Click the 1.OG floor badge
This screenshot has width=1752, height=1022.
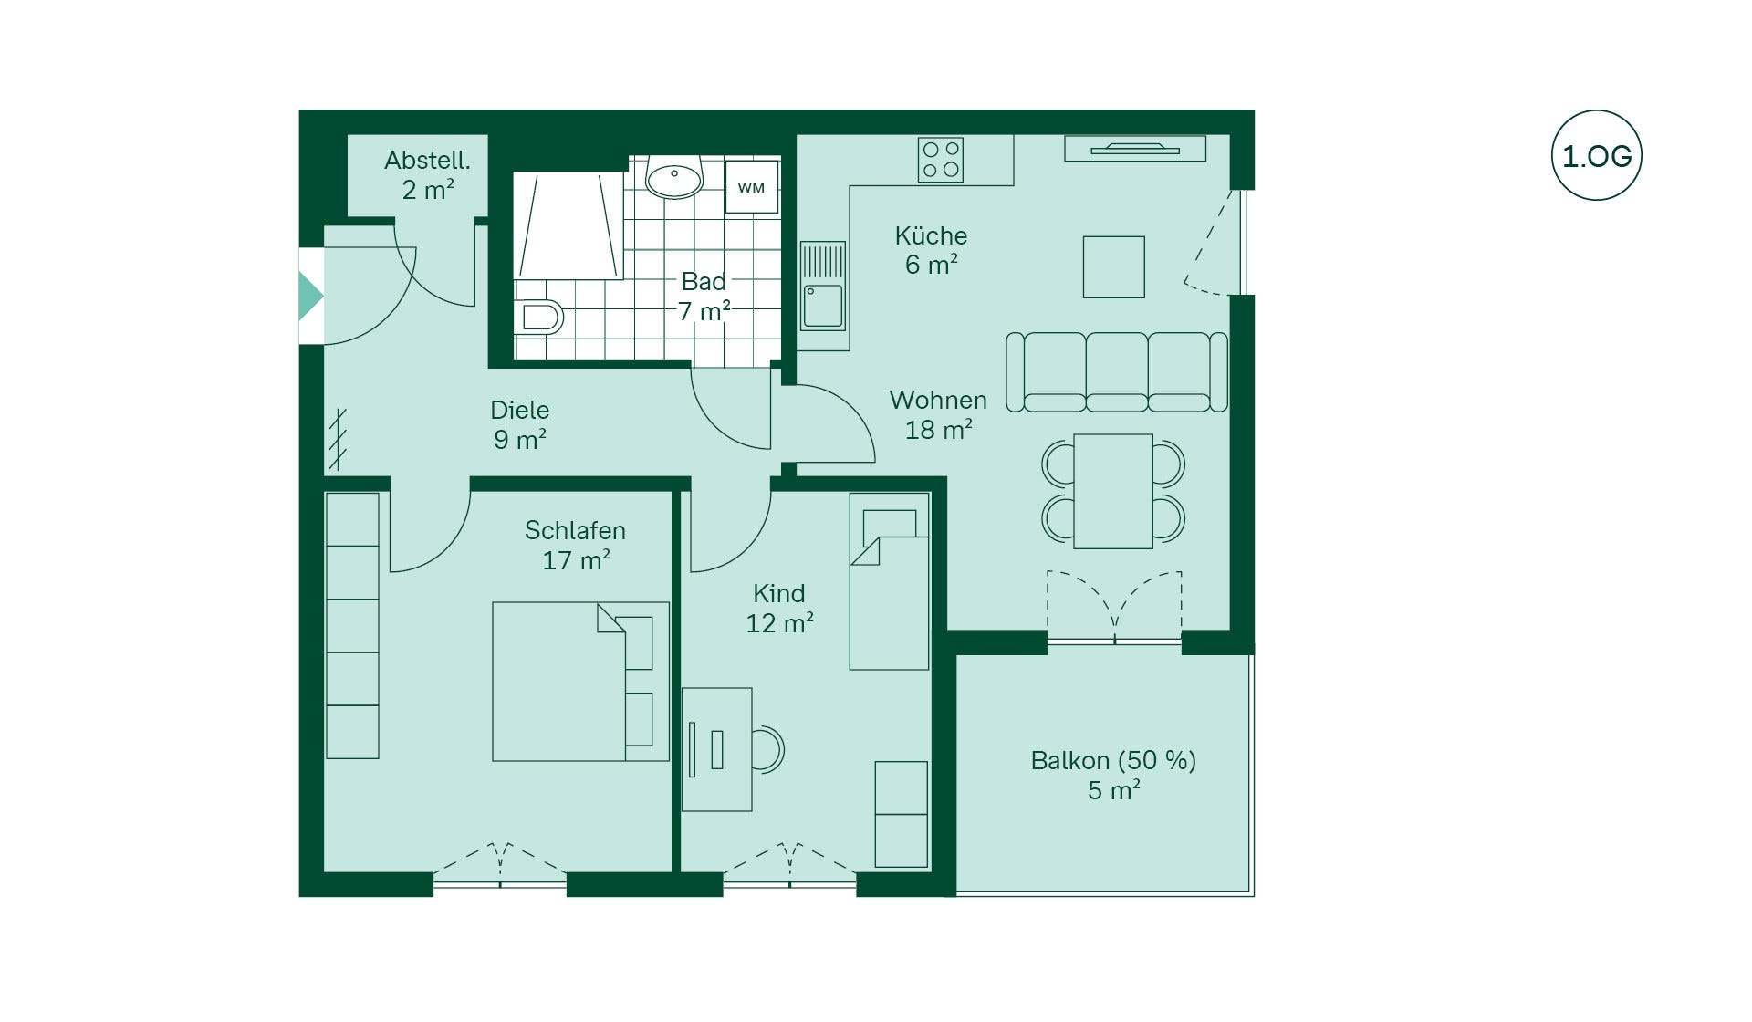[x=1596, y=156]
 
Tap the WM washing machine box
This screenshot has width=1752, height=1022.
[x=751, y=187]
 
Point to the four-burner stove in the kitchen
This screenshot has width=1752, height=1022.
[x=941, y=160]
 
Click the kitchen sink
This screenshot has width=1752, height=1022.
[x=823, y=285]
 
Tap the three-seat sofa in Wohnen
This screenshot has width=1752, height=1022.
[x=1116, y=371]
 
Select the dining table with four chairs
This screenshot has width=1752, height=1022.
[x=1113, y=491]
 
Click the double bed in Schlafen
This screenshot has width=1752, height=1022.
[x=580, y=681]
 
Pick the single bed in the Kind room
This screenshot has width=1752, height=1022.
[x=889, y=581]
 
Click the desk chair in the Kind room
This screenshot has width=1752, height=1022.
[x=768, y=749]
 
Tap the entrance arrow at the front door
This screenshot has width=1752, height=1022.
[x=310, y=297]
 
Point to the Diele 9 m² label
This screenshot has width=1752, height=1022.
[x=520, y=424]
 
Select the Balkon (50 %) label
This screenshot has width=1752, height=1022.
[x=1113, y=760]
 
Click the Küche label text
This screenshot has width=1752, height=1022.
[x=931, y=235]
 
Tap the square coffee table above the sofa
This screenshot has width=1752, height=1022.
[x=1113, y=266]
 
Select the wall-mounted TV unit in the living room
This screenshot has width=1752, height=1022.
[x=1135, y=148]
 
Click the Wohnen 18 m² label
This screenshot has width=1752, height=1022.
[x=938, y=414]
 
